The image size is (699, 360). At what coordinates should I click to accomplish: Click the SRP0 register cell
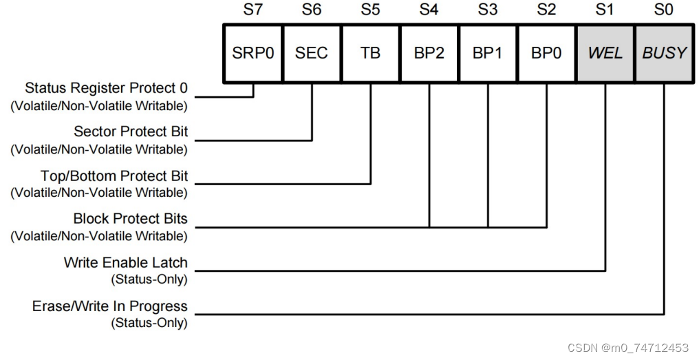[x=253, y=53]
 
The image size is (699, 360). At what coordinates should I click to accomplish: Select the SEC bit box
[x=312, y=53]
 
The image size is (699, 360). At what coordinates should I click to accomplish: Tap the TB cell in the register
[x=370, y=53]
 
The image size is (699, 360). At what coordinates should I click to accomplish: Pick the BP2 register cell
[x=429, y=53]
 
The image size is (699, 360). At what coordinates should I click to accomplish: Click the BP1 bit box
[x=488, y=53]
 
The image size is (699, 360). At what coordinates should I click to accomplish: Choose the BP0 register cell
[x=546, y=53]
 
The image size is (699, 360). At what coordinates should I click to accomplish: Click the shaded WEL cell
[x=605, y=53]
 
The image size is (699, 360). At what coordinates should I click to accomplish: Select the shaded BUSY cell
[x=664, y=53]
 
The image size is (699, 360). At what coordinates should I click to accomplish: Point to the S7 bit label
[x=253, y=10]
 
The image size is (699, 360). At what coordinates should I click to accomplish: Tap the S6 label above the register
[x=312, y=10]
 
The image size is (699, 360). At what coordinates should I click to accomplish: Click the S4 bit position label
[x=429, y=10]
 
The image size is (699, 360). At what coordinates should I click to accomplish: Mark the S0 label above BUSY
[x=664, y=10]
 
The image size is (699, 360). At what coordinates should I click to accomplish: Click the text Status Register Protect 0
[x=106, y=89]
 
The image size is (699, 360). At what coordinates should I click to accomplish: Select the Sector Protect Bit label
[x=131, y=131]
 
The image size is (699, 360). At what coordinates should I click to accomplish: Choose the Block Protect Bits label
[x=130, y=219]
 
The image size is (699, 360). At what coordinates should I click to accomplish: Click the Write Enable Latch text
[x=125, y=263]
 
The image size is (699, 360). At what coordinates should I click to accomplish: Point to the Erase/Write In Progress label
[x=110, y=306]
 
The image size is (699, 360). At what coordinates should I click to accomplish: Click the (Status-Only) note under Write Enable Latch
[x=149, y=279]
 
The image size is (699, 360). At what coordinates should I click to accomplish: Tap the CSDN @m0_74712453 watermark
[x=628, y=348]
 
